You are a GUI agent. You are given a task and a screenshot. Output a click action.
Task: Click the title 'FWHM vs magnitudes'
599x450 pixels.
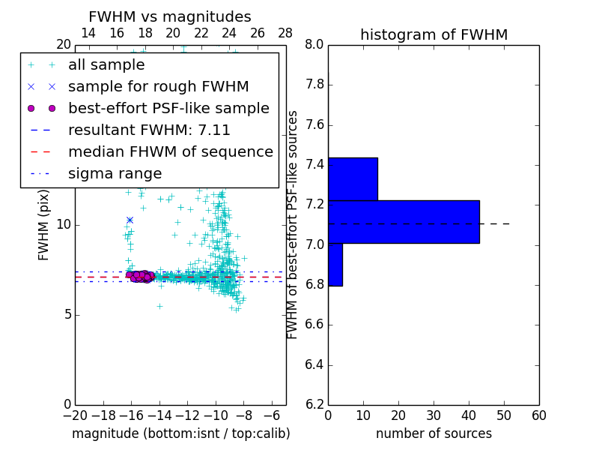170,16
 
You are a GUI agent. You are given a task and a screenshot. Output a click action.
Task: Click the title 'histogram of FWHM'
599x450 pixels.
434,34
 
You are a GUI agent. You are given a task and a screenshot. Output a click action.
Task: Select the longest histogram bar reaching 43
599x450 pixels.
404,222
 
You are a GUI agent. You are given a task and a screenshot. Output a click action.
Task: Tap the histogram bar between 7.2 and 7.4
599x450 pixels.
353,179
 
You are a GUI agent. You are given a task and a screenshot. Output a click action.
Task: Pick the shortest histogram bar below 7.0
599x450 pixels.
335,265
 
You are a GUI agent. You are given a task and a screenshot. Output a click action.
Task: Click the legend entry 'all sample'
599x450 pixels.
106,65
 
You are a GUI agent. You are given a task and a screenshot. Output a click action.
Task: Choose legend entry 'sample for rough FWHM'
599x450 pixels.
158,86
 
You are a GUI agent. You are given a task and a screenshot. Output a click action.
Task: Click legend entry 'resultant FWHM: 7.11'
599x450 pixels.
149,130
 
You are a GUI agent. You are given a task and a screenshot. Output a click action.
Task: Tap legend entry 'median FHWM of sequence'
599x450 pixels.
170,151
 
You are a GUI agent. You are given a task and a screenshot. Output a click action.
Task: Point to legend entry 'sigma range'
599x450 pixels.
115,173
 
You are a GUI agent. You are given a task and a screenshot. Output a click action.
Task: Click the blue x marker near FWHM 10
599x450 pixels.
130,220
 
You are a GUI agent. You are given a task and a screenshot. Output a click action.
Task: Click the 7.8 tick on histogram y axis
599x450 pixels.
314,85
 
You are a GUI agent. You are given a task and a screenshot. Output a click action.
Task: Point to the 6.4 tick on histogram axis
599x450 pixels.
314,365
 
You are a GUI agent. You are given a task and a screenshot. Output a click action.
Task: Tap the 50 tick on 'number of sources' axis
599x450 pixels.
504,415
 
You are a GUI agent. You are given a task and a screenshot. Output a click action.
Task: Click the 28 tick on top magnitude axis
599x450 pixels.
285,34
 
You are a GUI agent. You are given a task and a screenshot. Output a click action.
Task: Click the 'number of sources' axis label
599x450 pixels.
434,433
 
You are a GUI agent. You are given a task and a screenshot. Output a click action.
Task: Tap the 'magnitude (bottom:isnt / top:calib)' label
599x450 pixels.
180,433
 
